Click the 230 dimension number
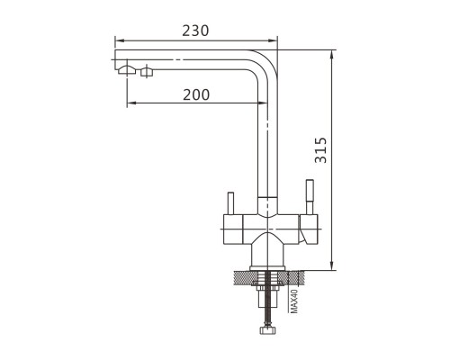pos(195,31)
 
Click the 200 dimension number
pos(196,94)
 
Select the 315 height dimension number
pos(320,150)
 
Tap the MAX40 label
pos(294,301)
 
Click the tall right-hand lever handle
pos(310,196)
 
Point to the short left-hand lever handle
pos(230,203)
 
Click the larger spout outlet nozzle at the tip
pos(127,69)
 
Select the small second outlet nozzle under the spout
pos(147,72)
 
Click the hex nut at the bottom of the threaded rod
pos(267,329)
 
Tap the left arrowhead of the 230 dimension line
pos(119,40)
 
